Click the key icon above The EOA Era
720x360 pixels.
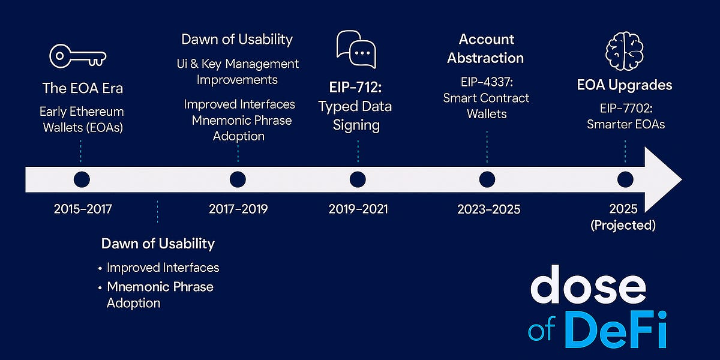tap(77, 56)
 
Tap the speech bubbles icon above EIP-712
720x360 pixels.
tap(356, 49)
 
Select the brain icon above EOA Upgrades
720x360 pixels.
tap(625, 51)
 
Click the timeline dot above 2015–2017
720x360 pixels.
tap(82, 179)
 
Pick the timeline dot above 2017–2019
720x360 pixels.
tap(238, 179)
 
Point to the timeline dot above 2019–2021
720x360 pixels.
tap(358, 179)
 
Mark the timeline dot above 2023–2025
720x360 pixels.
tap(487, 179)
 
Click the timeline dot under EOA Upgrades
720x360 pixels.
tap(625, 179)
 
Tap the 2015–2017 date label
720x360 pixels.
tap(83, 209)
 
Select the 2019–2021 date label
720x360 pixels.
tap(358, 209)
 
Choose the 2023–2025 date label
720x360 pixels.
tap(488, 209)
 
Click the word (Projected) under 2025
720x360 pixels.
tap(623, 226)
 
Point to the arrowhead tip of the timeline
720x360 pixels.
tap(682, 179)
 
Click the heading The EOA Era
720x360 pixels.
tap(83, 88)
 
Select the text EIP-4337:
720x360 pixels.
tap(487, 82)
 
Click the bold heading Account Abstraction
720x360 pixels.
tap(485, 49)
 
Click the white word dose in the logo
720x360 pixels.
tap(588, 285)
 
